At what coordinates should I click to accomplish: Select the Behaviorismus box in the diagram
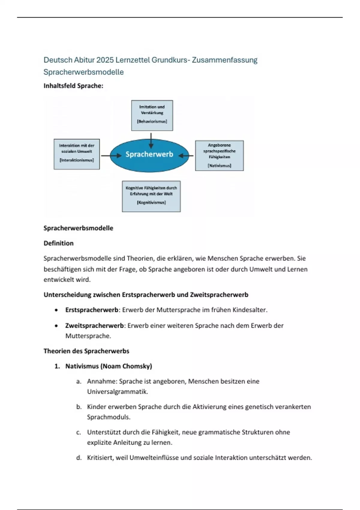pyautogui.click(x=152, y=115)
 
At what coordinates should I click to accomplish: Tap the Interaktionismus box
pyautogui.click(x=77, y=154)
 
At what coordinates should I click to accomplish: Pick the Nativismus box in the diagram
pyautogui.click(x=219, y=156)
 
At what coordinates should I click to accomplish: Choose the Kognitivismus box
pyautogui.click(x=151, y=196)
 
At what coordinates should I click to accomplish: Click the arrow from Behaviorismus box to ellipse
pyautogui.click(x=151, y=140)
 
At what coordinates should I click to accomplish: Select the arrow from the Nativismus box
pyautogui.click(x=187, y=156)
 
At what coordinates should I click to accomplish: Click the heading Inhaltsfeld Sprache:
pyautogui.click(x=73, y=86)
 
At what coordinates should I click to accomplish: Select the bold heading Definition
pyautogui.click(x=58, y=243)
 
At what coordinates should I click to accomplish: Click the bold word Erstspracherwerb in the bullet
pyautogui.click(x=92, y=310)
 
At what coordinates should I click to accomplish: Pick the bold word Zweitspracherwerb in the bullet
pyautogui.click(x=94, y=325)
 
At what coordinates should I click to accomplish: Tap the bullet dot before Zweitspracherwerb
pyautogui.click(x=56, y=326)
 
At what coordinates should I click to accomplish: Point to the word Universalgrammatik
pyautogui.click(x=117, y=391)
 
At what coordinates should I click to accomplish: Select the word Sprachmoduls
pyautogui.click(x=109, y=417)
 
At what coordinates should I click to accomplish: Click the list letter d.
pyautogui.click(x=79, y=458)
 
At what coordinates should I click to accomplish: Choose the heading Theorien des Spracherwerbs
pyautogui.click(x=86, y=351)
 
